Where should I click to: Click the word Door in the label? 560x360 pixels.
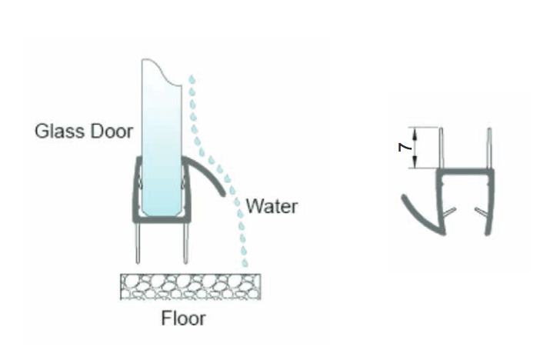[112, 131]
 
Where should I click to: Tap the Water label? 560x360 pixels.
[272, 206]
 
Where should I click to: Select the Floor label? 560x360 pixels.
[183, 318]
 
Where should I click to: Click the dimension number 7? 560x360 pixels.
[405, 147]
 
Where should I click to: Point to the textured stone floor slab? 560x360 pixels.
[190, 286]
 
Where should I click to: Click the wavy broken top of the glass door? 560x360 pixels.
[162, 72]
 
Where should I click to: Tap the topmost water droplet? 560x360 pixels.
[192, 79]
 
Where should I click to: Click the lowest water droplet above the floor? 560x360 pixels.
[245, 263]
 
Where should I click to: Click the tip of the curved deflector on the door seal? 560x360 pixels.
[223, 194]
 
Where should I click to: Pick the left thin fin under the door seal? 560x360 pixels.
[138, 244]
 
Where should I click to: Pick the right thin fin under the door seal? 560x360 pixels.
[185, 244]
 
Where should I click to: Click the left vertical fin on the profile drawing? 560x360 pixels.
[442, 148]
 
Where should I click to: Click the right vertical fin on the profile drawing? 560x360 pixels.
[490, 148]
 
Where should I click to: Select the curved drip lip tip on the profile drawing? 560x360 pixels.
[405, 197]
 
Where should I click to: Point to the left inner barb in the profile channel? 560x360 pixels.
[449, 212]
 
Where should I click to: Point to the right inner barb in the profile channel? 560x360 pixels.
[480, 212]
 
